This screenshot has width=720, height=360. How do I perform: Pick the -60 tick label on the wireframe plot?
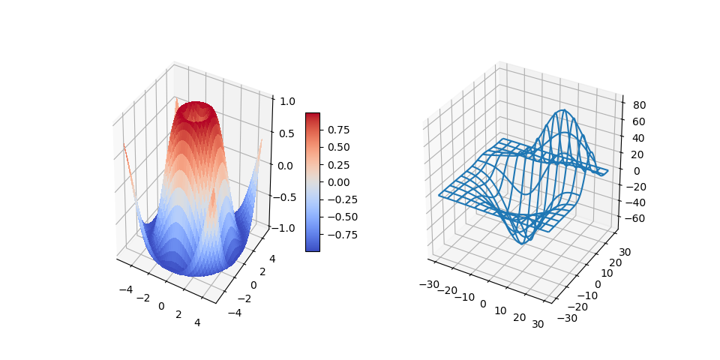coord(634,218)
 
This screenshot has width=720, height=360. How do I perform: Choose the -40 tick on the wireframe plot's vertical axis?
coord(634,202)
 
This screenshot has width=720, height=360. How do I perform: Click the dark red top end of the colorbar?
coord(313,115)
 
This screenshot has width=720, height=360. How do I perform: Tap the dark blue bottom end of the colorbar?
coord(313,247)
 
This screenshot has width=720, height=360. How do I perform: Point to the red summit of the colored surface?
coord(199,105)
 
